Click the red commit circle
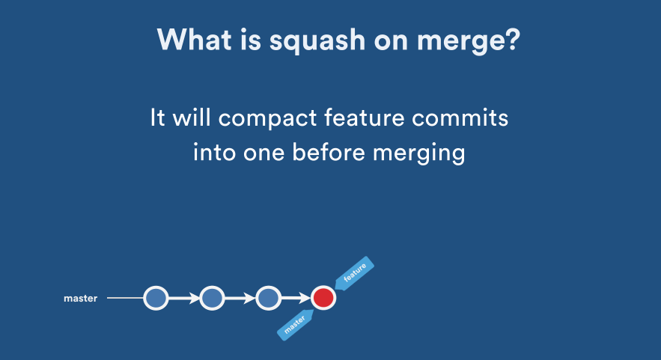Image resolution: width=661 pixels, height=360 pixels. [x=323, y=298]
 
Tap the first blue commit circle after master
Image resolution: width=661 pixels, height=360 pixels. [x=156, y=298]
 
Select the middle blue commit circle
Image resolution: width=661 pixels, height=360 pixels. [x=212, y=298]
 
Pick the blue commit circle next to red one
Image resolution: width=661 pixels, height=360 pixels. [x=268, y=298]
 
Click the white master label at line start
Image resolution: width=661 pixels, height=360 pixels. [x=80, y=299]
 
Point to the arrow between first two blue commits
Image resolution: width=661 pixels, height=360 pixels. [x=184, y=298]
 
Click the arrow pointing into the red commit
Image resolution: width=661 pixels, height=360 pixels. [x=296, y=298]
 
